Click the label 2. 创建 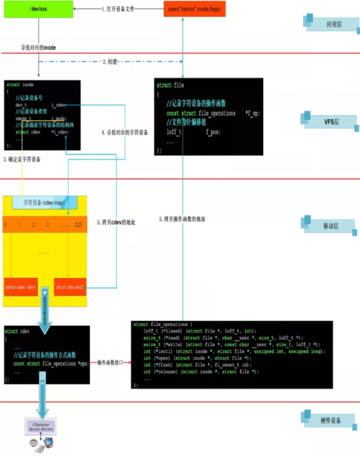(112, 62)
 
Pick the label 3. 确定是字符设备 (23, 160)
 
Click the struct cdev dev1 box (21, 287)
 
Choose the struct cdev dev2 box (71, 287)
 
